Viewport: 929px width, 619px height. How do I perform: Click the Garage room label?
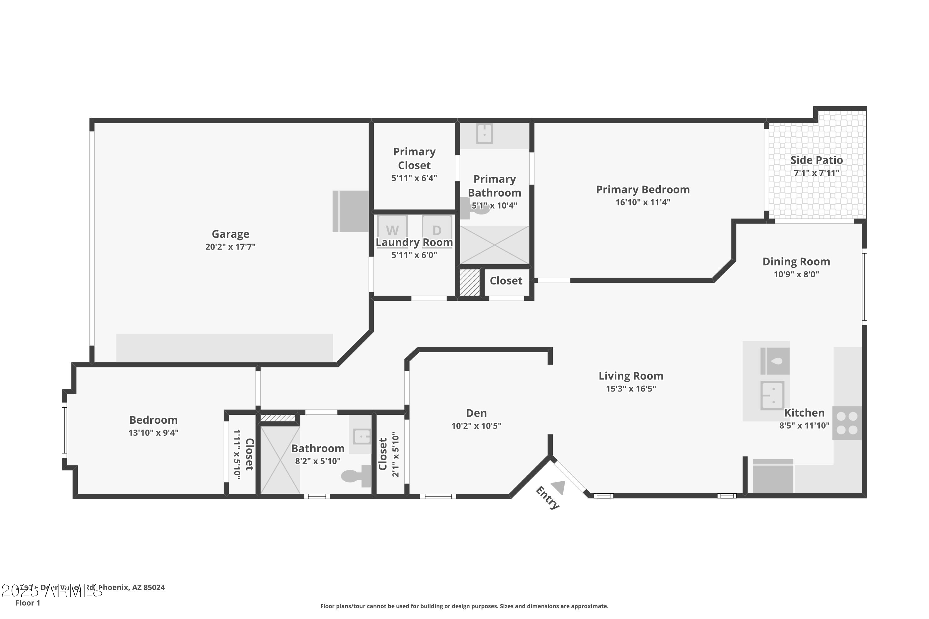click(x=230, y=234)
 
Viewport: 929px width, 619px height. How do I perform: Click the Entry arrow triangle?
click(x=559, y=487)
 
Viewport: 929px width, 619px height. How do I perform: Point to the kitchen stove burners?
click(x=847, y=423)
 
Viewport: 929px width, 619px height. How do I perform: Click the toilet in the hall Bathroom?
click(x=355, y=476)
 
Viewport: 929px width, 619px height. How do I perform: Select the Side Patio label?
click(x=816, y=160)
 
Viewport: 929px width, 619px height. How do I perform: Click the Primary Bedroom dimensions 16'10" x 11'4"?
click(x=643, y=202)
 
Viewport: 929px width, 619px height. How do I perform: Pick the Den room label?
click(x=476, y=413)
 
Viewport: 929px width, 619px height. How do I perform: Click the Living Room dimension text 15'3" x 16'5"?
click(x=631, y=389)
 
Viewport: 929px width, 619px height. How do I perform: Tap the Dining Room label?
click(x=796, y=262)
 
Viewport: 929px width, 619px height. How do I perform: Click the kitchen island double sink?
click(x=772, y=395)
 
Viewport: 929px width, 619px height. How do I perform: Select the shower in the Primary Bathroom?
click(x=494, y=245)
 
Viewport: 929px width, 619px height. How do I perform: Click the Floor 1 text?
click(x=28, y=603)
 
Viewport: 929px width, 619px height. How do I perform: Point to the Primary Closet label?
click(x=414, y=158)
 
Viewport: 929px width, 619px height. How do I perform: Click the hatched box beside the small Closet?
click(x=470, y=282)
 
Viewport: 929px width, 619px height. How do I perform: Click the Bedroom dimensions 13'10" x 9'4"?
click(x=153, y=433)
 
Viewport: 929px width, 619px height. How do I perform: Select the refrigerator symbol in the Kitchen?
click(x=773, y=477)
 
